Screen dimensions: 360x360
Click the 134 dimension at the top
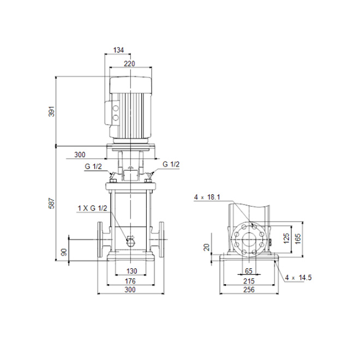(118, 50)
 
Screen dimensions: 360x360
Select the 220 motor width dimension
(129, 64)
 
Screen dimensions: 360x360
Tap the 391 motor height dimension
(52, 111)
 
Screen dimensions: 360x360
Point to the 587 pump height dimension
(52, 203)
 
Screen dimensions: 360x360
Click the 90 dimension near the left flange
(64, 252)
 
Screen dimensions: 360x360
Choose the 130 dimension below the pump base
(131, 271)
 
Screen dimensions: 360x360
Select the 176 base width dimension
(130, 281)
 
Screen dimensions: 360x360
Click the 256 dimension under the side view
(249, 290)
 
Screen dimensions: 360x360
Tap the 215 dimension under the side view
(249, 281)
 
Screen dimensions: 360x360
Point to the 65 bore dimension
(249, 271)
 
